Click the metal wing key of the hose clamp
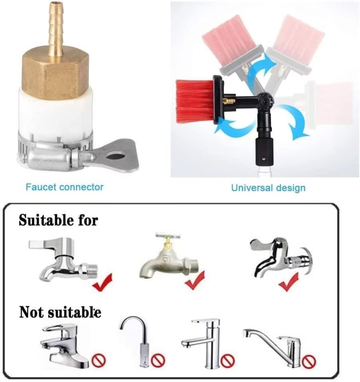point(115,155)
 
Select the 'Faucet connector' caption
point(65,187)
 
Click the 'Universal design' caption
point(268,188)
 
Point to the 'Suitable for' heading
point(58,220)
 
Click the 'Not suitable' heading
point(60,312)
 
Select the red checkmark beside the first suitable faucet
point(102,283)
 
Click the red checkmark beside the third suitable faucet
point(289,282)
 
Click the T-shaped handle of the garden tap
point(168,236)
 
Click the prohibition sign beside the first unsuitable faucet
point(99,360)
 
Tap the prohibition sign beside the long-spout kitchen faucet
point(309,362)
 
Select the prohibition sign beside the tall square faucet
point(228,360)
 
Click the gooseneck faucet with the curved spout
point(136,341)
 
